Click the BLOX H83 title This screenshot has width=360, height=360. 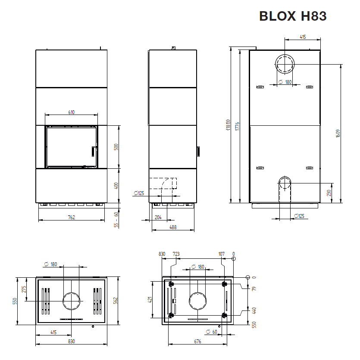point(293,16)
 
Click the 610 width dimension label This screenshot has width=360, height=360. point(72,112)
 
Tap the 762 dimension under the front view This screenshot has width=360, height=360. point(72,217)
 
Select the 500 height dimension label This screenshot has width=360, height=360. point(116,147)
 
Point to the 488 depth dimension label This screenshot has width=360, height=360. point(173,227)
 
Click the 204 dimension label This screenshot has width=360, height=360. point(158,217)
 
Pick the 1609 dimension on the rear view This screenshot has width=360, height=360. point(338,133)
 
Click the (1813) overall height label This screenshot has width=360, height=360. point(228,125)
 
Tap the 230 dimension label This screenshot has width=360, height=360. point(329,193)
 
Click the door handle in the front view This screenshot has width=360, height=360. point(93,151)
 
